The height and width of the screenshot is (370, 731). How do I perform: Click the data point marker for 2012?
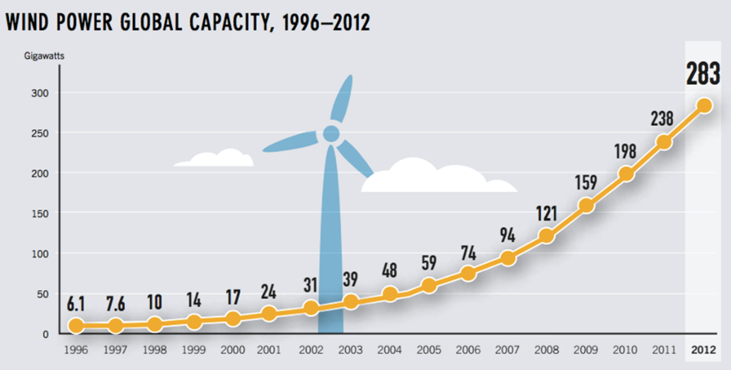coord(703,105)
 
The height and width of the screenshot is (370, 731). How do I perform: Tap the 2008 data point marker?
coord(546,236)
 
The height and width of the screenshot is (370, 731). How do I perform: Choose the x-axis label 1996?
coord(77,349)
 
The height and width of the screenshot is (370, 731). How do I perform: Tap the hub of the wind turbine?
coord(331,133)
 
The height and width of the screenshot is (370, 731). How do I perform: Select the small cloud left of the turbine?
coord(214,158)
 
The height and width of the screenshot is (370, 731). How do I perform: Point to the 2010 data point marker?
coord(626,174)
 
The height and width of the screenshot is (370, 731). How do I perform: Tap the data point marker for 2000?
coord(233,318)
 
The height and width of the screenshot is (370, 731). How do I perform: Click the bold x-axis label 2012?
coord(703,349)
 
